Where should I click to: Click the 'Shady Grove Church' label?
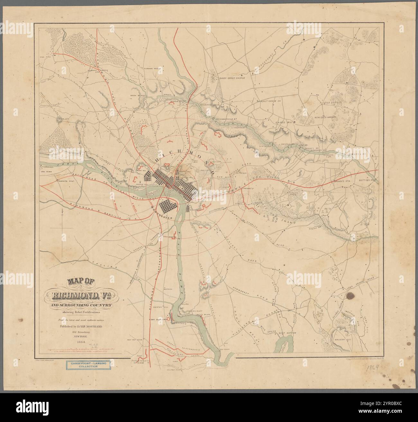[228, 78]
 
